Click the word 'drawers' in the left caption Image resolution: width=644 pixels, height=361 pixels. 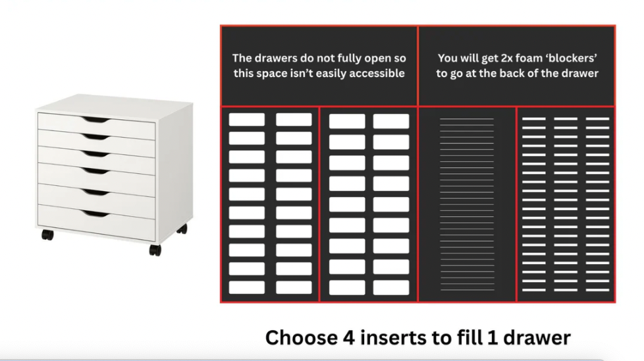273,58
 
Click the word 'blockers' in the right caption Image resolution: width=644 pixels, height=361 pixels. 572,58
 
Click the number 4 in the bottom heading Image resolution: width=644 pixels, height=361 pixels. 349,338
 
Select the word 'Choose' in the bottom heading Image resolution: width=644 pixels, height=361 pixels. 302,338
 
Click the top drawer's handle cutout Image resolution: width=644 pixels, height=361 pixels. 95,119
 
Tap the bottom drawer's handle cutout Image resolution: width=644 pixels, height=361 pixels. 95,213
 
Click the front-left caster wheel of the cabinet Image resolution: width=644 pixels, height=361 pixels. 47,235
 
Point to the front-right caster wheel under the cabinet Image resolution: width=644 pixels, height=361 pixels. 155,250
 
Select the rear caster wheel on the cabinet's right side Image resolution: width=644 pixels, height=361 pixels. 182,229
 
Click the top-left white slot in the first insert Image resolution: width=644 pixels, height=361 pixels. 247,119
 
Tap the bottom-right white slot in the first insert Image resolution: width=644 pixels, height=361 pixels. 294,287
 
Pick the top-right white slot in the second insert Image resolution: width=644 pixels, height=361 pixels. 391,121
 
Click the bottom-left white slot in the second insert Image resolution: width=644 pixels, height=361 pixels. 347,287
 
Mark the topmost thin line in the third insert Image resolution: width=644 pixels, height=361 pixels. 467,119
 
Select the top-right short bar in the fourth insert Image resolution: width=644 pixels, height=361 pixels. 597,119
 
